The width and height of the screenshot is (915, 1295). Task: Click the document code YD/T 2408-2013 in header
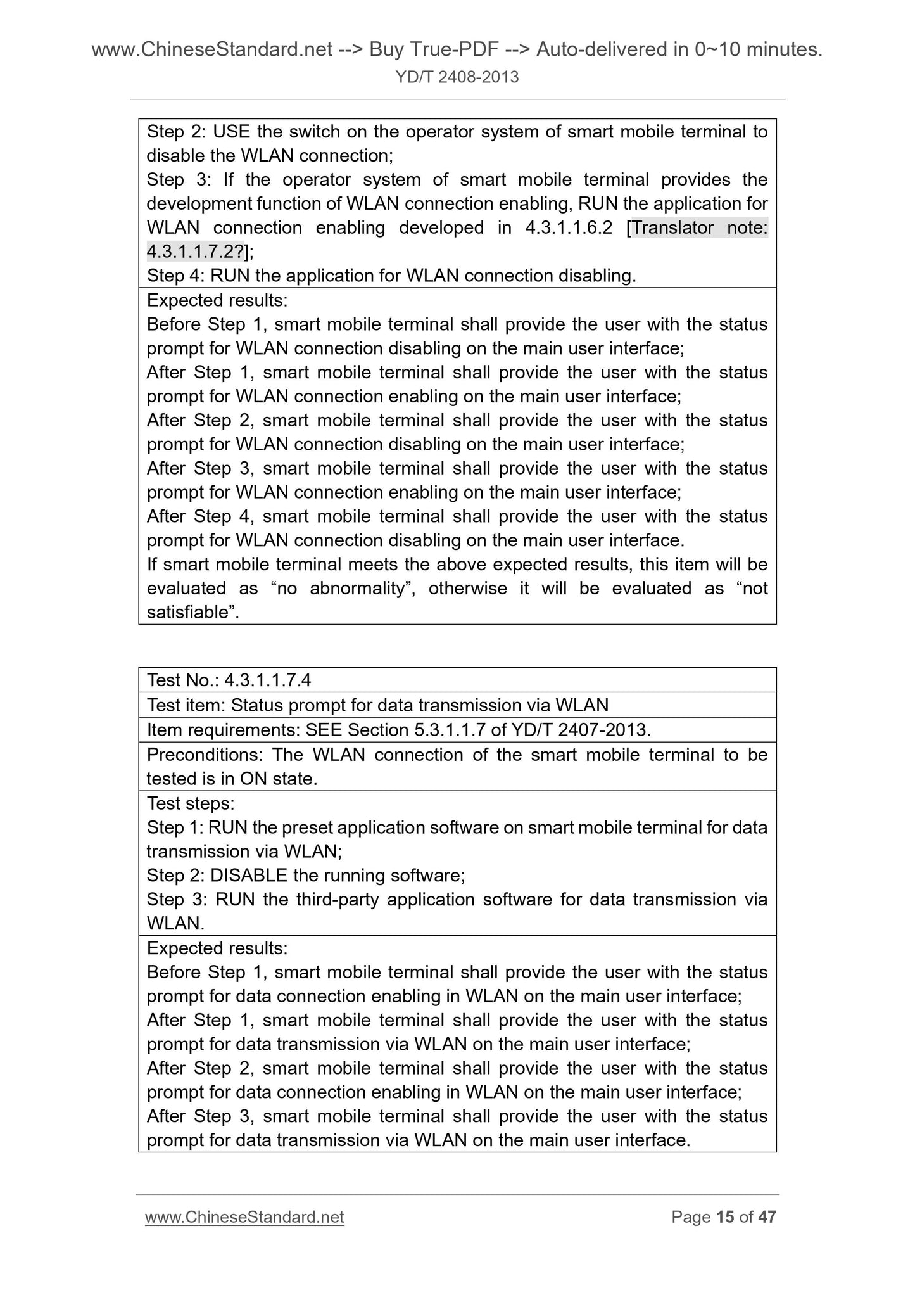click(x=457, y=77)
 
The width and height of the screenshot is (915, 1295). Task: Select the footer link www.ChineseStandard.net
click(x=244, y=1217)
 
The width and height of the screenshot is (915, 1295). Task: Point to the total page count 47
click(x=767, y=1217)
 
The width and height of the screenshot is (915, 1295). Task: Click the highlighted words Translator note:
click(x=700, y=227)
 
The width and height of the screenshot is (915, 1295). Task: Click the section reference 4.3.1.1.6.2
click(x=568, y=227)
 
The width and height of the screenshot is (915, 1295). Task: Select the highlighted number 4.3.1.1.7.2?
click(x=196, y=252)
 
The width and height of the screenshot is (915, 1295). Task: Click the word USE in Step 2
click(x=231, y=132)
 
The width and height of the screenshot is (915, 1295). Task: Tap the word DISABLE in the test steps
click(x=249, y=876)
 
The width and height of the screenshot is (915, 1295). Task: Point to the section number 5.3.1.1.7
click(x=450, y=730)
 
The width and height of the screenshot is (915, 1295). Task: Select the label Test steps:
click(x=191, y=803)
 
